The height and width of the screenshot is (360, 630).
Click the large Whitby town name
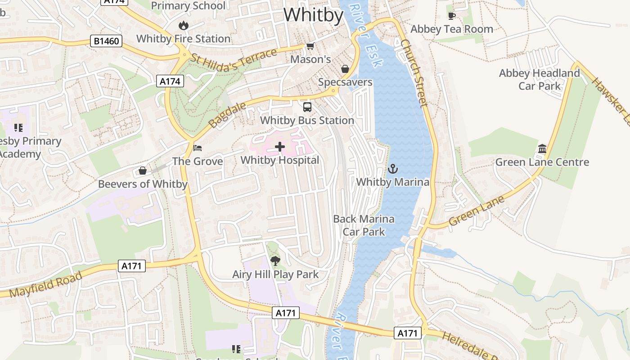point(313,15)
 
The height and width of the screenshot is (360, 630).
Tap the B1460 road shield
point(107,41)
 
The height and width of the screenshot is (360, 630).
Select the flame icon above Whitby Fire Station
point(183,25)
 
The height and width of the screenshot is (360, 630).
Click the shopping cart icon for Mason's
point(310,46)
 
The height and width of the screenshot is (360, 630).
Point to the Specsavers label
point(345,82)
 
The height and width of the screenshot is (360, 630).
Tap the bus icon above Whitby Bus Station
point(307,107)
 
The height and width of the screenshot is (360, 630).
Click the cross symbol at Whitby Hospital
point(280,147)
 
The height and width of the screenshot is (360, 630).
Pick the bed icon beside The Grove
point(198,148)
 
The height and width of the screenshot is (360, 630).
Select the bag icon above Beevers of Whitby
point(143,171)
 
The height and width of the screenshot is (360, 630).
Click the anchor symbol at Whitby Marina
point(393,169)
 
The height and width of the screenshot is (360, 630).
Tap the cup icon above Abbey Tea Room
point(452,16)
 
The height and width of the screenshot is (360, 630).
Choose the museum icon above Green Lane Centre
point(542,149)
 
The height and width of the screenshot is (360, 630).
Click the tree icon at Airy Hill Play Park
point(275,261)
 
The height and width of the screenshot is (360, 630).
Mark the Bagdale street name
point(228,114)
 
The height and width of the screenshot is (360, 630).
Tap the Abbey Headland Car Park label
point(540,79)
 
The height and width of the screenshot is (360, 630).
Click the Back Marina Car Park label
point(364,225)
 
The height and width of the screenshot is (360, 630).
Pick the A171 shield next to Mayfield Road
point(132,266)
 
